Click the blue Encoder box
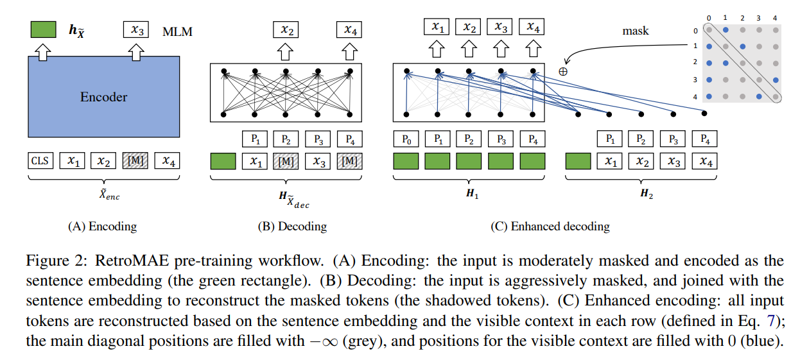(103, 96)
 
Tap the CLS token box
(40, 160)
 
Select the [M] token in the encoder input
(135, 160)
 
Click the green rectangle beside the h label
(43, 30)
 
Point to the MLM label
(177, 31)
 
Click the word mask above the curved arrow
(636, 31)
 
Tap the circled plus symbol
(563, 72)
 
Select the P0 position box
(406, 139)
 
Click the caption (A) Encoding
(103, 227)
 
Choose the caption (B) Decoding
(292, 227)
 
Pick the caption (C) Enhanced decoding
(550, 227)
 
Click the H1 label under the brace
(472, 194)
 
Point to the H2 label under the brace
(647, 194)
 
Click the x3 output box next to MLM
(135, 30)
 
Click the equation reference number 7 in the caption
(770, 321)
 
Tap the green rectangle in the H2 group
(578, 161)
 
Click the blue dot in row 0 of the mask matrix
(726, 30)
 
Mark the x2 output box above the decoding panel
(286, 30)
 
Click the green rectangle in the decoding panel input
(223, 161)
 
